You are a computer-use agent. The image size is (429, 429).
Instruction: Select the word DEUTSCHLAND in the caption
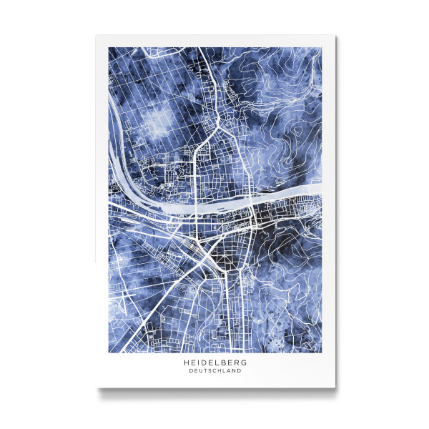coord(215,371)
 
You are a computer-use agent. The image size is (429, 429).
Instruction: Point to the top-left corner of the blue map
coord(109,48)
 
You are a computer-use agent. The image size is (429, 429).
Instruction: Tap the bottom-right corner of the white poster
coord(335,388)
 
